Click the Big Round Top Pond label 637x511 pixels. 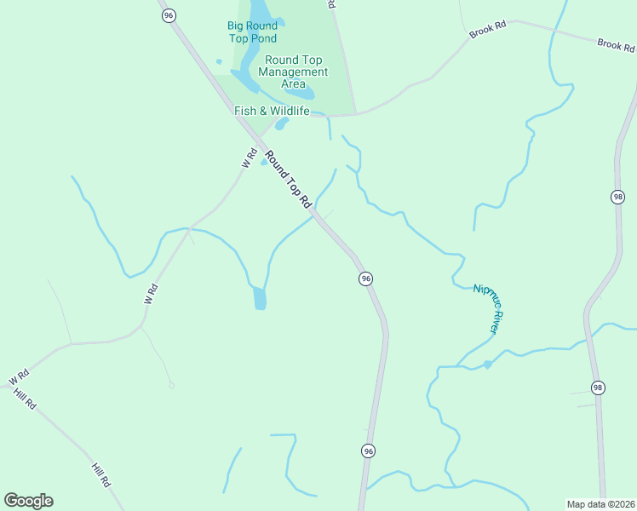pos(252,32)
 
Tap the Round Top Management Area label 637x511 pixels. pos(293,72)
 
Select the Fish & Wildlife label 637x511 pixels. pos(272,111)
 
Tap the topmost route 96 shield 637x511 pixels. pos(169,15)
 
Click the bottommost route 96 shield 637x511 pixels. pos(368,451)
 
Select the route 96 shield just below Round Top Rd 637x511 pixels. pos(365,278)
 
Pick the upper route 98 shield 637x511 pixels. pos(617,197)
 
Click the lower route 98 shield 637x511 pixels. pos(598,388)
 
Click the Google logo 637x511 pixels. pos(28,501)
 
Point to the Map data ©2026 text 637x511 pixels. pos(600,504)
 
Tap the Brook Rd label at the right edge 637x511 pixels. pos(617,44)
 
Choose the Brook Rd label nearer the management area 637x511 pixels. pos(487,29)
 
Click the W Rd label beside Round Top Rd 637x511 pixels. pos(250,158)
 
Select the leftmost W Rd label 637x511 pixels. pos(19,376)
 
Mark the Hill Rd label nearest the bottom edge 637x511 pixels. pos(100,474)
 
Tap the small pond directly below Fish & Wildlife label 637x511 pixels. pos(281,123)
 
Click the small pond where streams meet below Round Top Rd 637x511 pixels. pos(260,298)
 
